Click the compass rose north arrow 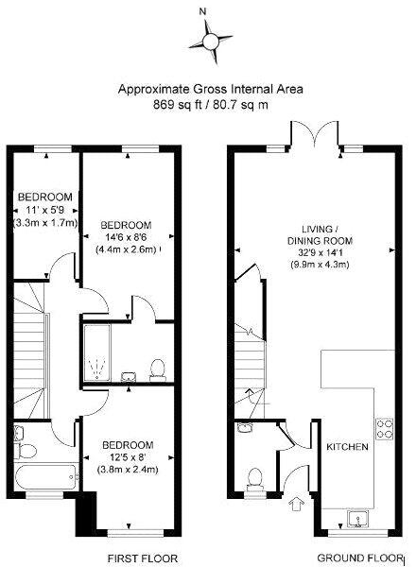point(205,39)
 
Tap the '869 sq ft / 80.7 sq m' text point(210,105)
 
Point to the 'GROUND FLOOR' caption point(352,558)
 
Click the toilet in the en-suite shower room point(158,366)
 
